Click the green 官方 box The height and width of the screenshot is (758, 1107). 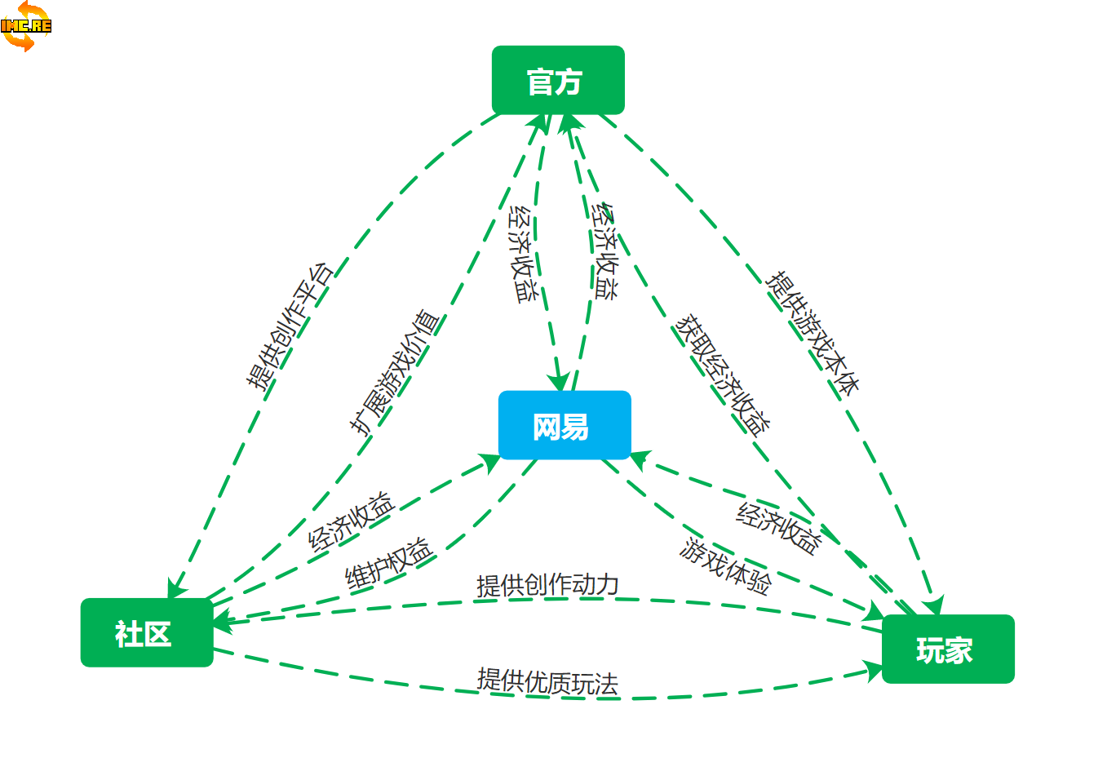(x=558, y=80)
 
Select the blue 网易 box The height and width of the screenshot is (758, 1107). (x=565, y=425)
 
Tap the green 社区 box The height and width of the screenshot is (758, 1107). (x=147, y=632)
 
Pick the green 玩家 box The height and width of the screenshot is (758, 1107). (x=948, y=649)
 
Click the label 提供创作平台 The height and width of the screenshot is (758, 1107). (x=290, y=325)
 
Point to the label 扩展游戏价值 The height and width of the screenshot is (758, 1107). (x=395, y=372)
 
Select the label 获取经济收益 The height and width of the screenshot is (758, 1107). (x=723, y=375)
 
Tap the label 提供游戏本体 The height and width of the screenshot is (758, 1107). (x=813, y=333)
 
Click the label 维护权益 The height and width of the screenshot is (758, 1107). (x=387, y=563)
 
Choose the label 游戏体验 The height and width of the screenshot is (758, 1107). (x=725, y=566)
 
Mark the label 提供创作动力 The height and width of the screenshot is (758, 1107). (x=547, y=585)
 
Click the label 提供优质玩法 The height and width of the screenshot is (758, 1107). (x=547, y=681)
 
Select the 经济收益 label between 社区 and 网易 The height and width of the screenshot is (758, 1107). (x=352, y=521)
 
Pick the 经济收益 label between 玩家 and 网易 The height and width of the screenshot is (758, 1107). (x=778, y=528)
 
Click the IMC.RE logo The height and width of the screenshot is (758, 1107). (x=25, y=25)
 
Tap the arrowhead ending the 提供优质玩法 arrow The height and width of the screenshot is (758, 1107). (x=875, y=671)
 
